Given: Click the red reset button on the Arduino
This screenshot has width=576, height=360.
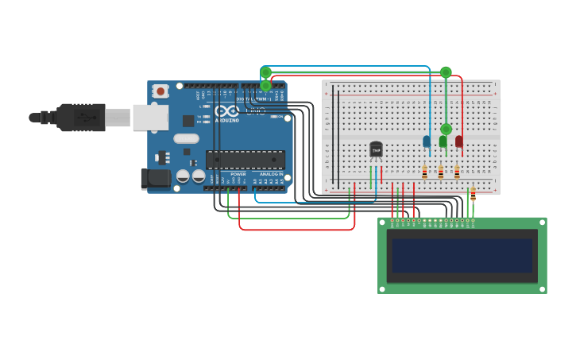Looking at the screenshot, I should tap(161, 91).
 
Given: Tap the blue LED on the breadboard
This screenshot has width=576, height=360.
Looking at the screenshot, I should tap(427, 141).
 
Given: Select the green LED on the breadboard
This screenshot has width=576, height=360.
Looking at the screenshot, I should tap(443, 141).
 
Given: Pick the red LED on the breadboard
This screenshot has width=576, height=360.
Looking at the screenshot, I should tap(459, 141).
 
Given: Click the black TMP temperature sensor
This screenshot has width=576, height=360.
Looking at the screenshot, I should tap(376, 149).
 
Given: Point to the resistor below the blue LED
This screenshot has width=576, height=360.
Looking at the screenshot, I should tap(425, 172).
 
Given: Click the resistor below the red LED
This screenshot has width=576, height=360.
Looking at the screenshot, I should tap(457, 172).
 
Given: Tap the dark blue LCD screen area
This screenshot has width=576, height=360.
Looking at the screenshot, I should tap(461, 255).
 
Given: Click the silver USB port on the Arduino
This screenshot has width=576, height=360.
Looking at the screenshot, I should tap(150, 118).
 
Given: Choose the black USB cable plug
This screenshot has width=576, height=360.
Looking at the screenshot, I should tap(79, 117).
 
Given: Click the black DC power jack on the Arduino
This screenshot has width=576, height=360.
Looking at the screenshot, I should tap(156, 179).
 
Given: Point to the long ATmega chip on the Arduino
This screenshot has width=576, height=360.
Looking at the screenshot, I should tap(245, 160).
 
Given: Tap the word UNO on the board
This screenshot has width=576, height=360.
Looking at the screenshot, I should tap(255, 112).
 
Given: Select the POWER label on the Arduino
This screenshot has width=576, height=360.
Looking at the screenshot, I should tap(238, 174).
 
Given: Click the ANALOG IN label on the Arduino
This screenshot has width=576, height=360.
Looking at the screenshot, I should tap(271, 174).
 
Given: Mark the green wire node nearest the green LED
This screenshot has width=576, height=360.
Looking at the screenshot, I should tap(446, 129).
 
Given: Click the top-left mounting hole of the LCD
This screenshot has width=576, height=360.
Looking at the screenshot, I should tap(382, 223).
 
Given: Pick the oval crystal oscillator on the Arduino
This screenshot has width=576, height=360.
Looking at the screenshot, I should tap(186, 138).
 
